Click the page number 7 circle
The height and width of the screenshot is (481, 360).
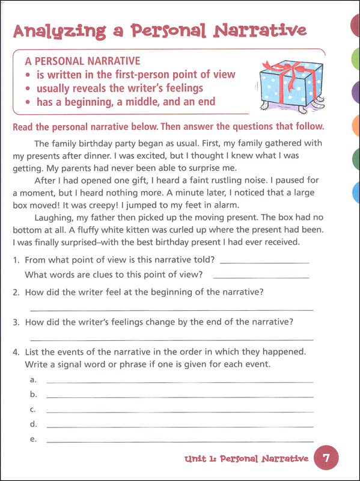pyautogui.click(x=326, y=459)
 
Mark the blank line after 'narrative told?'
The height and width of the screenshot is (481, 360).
pyautogui.click(x=264, y=262)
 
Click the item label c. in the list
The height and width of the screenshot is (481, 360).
pyautogui.click(x=33, y=409)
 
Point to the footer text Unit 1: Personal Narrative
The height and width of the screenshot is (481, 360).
pyautogui.click(x=247, y=459)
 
